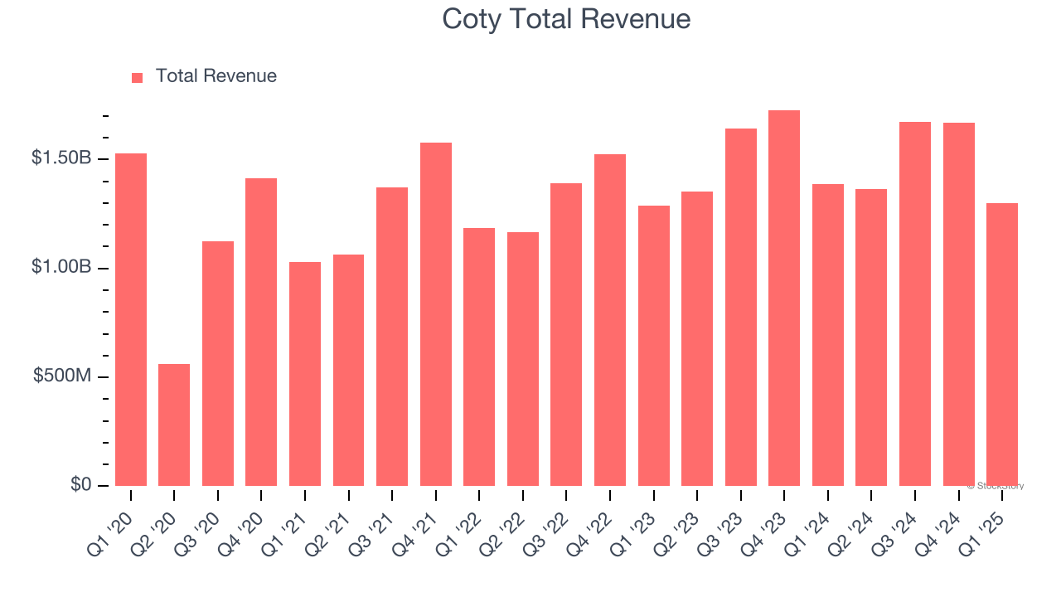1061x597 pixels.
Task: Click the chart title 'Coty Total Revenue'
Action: point(566,18)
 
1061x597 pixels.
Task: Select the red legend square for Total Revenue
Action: point(138,77)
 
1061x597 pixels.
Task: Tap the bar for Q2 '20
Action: point(174,425)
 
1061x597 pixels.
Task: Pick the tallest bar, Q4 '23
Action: point(784,298)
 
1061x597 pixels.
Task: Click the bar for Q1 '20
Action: point(131,319)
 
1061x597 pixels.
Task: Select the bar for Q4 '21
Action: point(436,314)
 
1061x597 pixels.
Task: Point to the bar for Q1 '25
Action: point(1002,344)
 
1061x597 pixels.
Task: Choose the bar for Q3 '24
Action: point(915,303)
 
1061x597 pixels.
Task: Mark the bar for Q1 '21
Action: point(305,374)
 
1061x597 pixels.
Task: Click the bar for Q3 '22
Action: point(566,334)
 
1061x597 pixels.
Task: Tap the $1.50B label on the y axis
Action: point(61,158)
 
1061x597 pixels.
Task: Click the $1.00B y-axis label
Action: point(61,268)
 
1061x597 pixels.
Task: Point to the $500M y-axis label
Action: point(62,376)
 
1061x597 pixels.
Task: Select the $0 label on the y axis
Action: point(80,485)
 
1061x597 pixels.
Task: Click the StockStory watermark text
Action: point(996,486)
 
